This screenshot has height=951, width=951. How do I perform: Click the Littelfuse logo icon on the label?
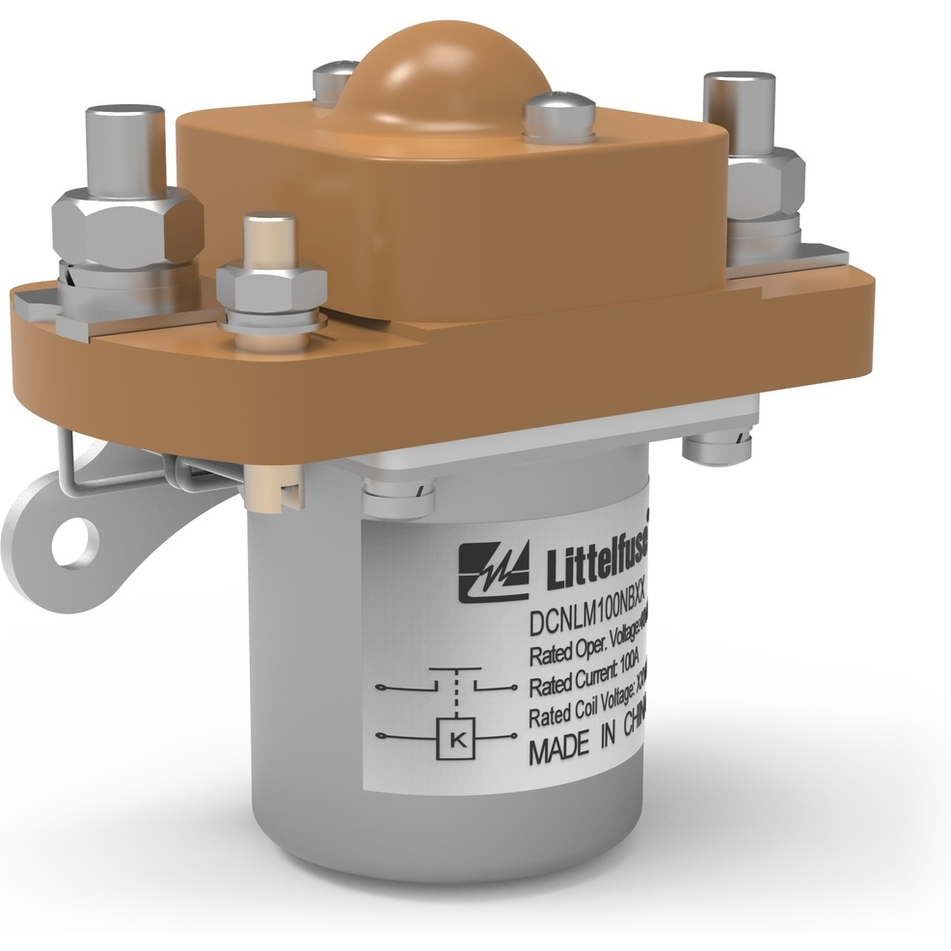pyautogui.click(x=494, y=571)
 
